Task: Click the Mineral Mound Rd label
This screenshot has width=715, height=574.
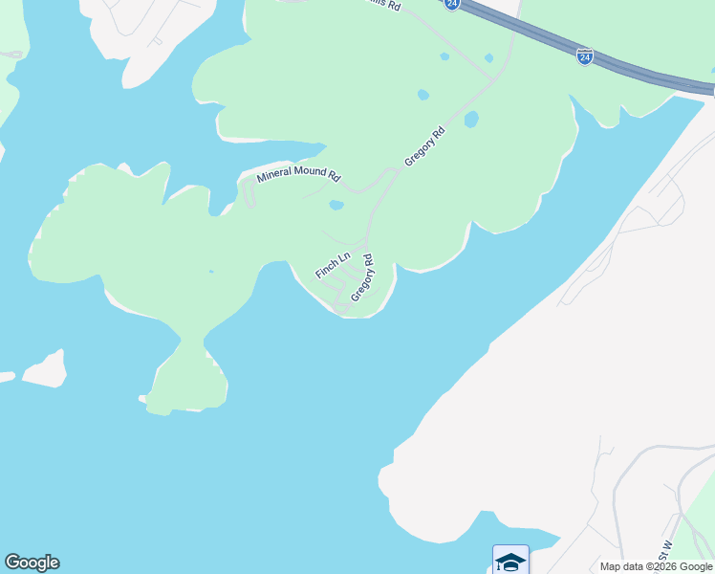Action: coord(298,175)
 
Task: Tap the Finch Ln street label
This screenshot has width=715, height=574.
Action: coord(333,265)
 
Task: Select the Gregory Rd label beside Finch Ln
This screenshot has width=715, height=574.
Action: coord(362,277)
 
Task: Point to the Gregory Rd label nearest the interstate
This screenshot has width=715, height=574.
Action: coord(425,147)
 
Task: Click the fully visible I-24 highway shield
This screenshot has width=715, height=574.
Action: coord(584,57)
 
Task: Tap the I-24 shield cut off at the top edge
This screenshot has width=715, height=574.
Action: coord(452,4)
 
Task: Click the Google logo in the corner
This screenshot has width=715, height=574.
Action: coord(32,563)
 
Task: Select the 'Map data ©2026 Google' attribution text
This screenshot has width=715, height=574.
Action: coord(656,566)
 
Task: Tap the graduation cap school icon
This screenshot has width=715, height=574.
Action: coord(510,561)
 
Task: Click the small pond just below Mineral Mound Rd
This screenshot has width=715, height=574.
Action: coord(336,205)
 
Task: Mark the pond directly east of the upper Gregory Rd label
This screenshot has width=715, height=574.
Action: coord(470,121)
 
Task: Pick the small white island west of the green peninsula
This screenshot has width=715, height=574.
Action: coord(45,369)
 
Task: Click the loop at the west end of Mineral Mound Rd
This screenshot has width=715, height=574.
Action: coord(249,195)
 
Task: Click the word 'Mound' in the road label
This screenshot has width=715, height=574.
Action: coord(307,174)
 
